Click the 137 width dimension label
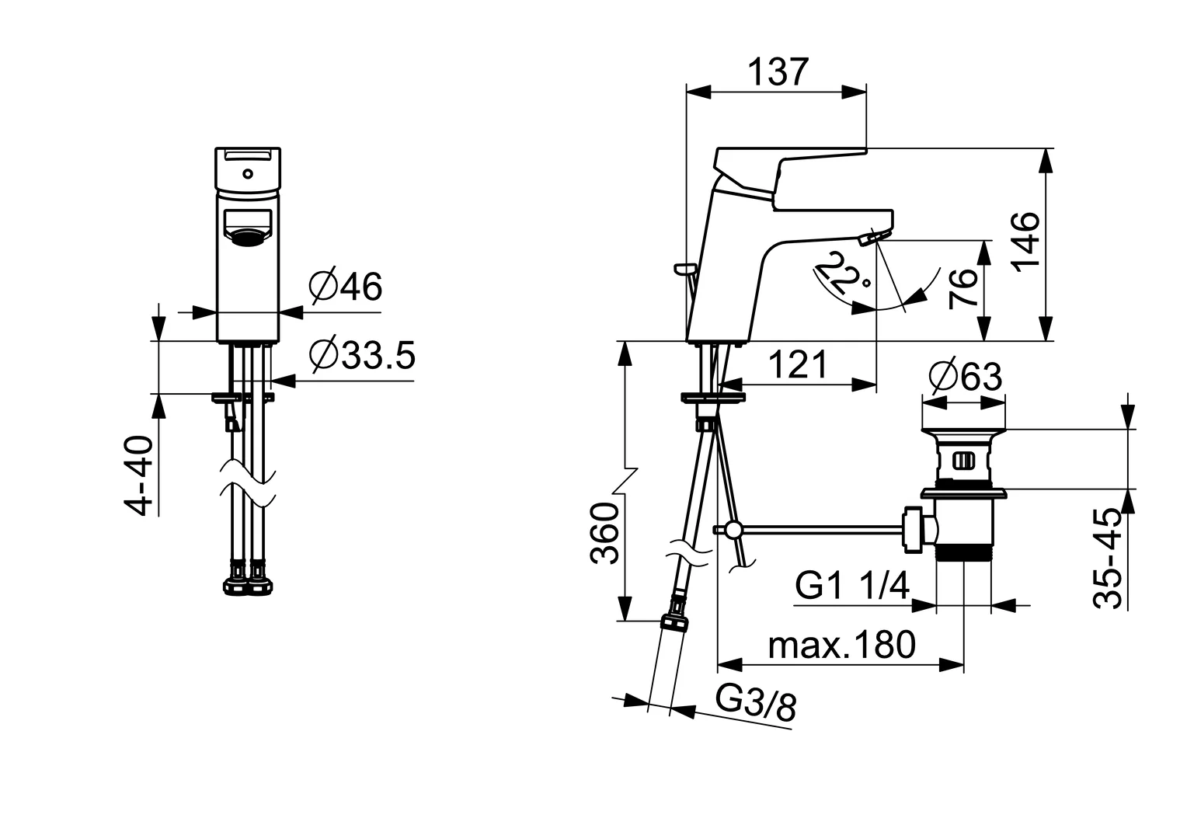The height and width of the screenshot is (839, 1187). (x=778, y=72)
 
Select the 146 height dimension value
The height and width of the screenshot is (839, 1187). (x=1028, y=242)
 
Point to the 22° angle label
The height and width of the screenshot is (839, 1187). (x=844, y=273)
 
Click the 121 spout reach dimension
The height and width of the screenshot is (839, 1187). (x=798, y=364)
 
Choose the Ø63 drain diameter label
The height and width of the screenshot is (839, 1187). (x=966, y=377)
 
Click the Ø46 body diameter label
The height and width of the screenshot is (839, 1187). (x=346, y=287)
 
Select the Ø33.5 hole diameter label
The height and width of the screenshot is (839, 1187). (x=363, y=354)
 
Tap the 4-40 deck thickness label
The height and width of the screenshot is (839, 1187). (x=139, y=475)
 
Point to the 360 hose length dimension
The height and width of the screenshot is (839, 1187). (x=604, y=533)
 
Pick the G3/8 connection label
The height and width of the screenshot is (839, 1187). (x=756, y=703)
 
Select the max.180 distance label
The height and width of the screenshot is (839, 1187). (x=842, y=645)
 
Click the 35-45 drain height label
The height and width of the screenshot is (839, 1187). (x=1108, y=559)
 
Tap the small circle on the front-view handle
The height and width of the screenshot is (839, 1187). (x=248, y=173)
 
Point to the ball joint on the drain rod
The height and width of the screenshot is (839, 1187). (x=733, y=529)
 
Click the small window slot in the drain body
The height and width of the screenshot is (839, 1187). (x=962, y=461)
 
